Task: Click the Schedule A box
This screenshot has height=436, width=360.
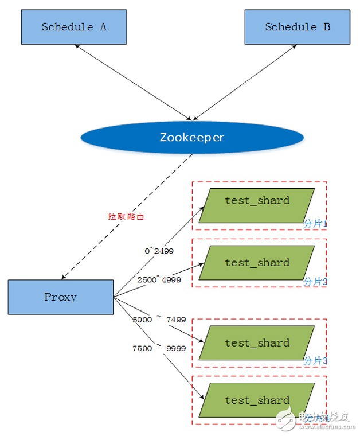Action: [x=74, y=27]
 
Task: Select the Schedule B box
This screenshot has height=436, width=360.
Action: [x=297, y=27]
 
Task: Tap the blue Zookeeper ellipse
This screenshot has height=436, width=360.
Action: [x=191, y=138]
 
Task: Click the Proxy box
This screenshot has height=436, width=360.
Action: [x=61, y=297]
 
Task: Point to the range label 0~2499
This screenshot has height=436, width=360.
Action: [x=159, y=251]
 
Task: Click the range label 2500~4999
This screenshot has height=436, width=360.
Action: [x=159, y=279]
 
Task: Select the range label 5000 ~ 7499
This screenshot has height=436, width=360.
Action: [x=159, y=320]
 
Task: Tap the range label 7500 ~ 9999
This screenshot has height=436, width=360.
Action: [x=159, y=348]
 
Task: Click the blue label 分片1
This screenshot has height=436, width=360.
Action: [x=315, y=224]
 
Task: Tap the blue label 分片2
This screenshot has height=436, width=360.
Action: [x=315, y=281]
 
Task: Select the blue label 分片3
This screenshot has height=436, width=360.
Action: [x=315, y=361]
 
